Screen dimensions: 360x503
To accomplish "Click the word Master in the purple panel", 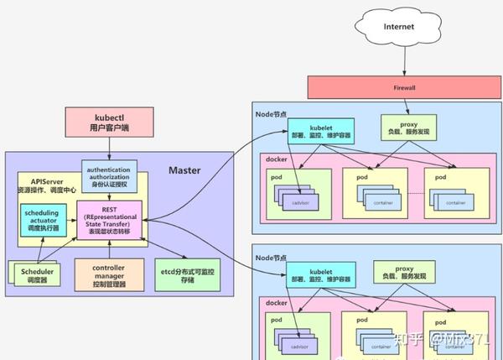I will pyautogui.click(x=184, y=170).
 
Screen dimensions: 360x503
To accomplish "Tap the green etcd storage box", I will pyautogui.click(x=190, y=275).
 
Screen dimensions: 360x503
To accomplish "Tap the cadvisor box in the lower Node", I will pyautogui.click(x=298, y=345).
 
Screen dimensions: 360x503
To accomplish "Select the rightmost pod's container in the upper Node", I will pyautogui.click(x=454, y=201).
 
